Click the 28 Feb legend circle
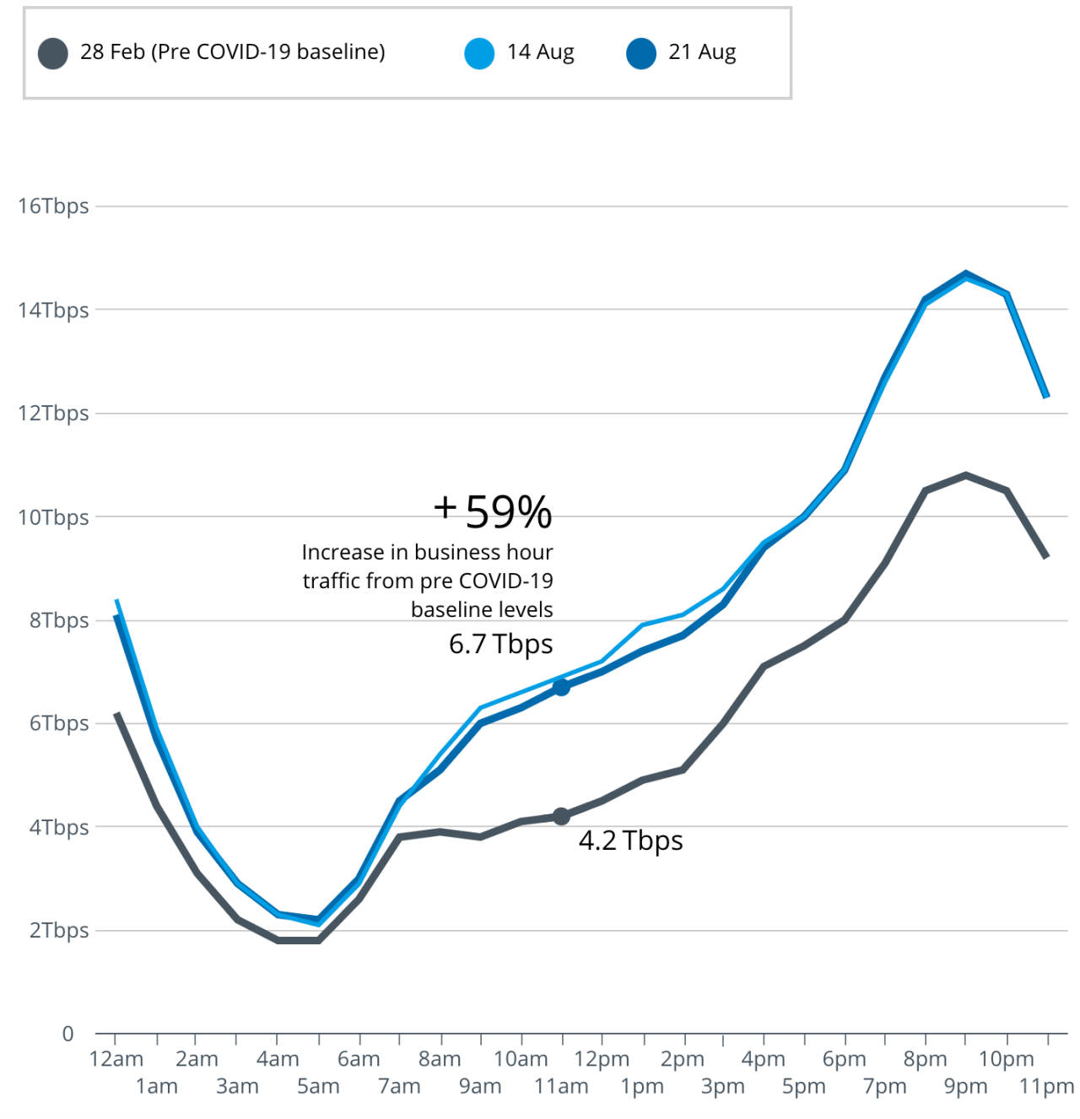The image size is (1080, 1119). (x=53, y=53)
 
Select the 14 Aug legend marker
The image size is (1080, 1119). (x=479, y=53)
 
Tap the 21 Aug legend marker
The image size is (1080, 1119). (x=641, y=53)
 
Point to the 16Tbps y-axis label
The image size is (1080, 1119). (x=53, y=206)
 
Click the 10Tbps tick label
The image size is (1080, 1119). (x=53, y=516)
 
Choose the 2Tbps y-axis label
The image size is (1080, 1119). (x=58, y=930)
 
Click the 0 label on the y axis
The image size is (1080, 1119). (x=68, y=1034)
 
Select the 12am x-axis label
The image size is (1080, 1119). (x=116, y=1059)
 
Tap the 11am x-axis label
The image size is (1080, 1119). (x=561, y=1086)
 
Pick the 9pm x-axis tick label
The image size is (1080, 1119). (x=965, y=1086)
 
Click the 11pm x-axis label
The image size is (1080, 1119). (x=1046, y=1086)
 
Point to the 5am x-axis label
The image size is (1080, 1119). (x=318, y=1086)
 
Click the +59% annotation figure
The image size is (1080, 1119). (x=494, y=511)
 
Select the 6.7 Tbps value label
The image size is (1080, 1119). (x=500, y=644)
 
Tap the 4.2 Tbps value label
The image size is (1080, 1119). (x=630, y=841)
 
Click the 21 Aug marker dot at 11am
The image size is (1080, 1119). (x=561, y=687)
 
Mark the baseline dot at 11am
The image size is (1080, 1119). (x=561, y=816)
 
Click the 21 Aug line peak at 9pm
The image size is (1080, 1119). (x=965, y=273)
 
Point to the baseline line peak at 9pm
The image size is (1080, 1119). (x=965, y=475)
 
